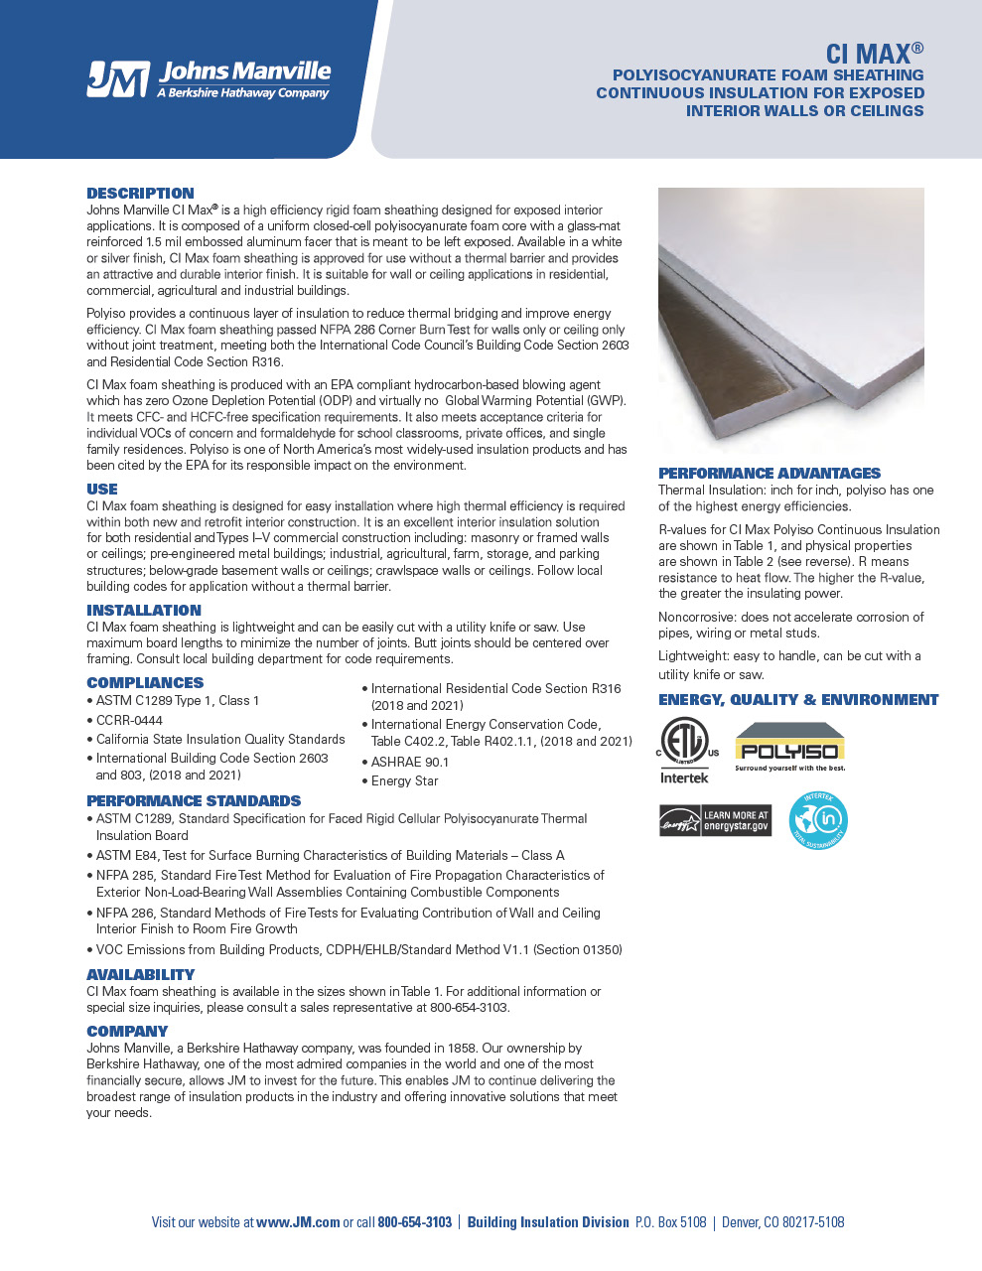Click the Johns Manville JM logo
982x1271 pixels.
(x=209, y=79)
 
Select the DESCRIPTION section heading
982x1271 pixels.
(x=140, y=194)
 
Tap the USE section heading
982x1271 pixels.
(x=102, y=490)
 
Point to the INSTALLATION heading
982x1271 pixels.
(x=144, y=611)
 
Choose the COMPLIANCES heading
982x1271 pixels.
(x=145, y=683)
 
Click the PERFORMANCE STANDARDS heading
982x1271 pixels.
(x=194, y=801)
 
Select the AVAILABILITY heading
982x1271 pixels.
(x=140, y=975)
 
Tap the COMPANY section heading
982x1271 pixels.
(x=127, y=1032)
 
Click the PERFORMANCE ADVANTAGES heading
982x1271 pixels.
(x=770, y=474)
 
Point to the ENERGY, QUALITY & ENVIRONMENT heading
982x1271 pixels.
(x=798, y=700)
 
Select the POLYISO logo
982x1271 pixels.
(x=790, y=748)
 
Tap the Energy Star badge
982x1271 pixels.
(x=715, y=821)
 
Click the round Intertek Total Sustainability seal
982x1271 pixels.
(x=818, y=821)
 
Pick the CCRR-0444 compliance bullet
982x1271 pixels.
(x=129, y=721)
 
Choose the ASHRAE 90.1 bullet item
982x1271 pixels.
(x=409, y=763)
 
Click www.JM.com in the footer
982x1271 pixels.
(x=298, y=1222)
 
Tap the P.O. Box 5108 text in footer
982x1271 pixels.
(x=670, y=1222)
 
